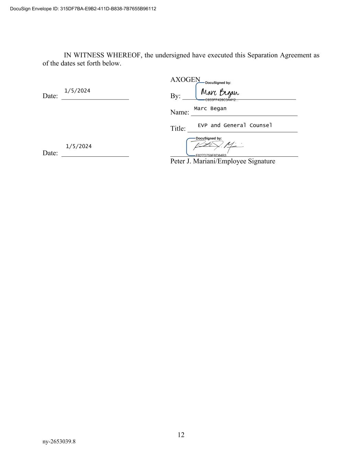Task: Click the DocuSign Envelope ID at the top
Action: click(83, 9)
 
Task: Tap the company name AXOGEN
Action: click(185, 80)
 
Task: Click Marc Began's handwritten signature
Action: click(220, 93)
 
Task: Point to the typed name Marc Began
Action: click(210, 108)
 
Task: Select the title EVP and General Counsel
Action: click(235, 125)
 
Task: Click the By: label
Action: click(175, 96)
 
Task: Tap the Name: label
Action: click(179, 112)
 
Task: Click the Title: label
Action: click(178, 129)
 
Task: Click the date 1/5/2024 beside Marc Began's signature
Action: click(77, 91)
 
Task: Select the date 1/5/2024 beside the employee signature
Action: click(79, 146)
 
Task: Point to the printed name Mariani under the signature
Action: click(205, 161)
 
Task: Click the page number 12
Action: click(181, 435)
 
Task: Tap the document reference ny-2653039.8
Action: click(59, 441)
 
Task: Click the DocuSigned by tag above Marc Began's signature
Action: click(218, 83)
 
